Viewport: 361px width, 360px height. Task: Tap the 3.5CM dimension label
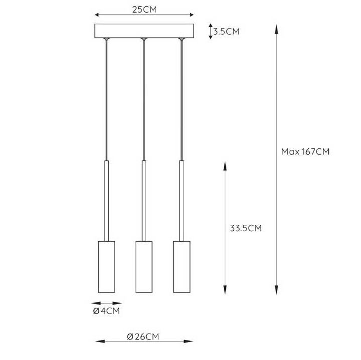coord(226,32)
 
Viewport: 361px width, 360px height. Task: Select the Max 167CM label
coord(305,152)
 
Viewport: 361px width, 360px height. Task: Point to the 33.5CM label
coord(246,228)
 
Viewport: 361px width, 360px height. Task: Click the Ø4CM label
coord(107,311)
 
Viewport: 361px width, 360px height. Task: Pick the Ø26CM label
coord(143,336)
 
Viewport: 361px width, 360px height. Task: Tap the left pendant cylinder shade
coord(106,267)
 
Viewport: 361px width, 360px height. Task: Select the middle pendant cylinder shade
coord(143,267)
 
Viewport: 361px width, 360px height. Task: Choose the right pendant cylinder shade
coord(182,267)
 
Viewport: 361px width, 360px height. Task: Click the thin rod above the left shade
coord(106,200)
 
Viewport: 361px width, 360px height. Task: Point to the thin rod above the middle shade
coord(143,200)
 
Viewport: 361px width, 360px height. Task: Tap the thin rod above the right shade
coord(182,200)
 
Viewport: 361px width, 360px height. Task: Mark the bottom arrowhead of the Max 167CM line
coord(276,291)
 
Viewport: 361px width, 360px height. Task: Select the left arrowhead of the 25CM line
coord(97,15)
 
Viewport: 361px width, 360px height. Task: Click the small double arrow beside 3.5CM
coord(210,31)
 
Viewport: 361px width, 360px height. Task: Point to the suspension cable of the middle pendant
coord(143,100)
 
